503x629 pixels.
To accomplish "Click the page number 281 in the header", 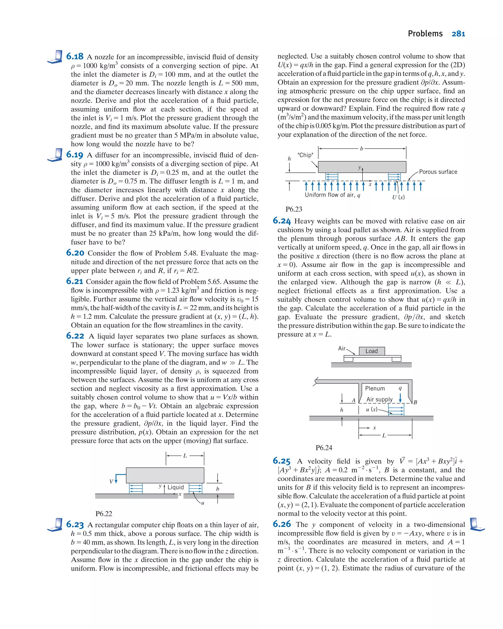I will tap(458, 34).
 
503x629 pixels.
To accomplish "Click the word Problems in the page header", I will tap(425, 34).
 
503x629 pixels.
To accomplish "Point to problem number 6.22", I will tap(75, 336).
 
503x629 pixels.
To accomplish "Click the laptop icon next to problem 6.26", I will tap(477, 524).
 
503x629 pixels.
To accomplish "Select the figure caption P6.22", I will tap(104, 514).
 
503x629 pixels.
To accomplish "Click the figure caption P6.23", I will tap(294, 209).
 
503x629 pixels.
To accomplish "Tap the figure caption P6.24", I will tap(324, 448).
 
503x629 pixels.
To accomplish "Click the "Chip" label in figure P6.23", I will tap(305, 155).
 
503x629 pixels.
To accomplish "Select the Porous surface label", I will tap(438, 172).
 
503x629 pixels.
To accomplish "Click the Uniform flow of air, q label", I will tap(333, 195).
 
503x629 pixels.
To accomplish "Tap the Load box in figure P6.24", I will tap(371, 351).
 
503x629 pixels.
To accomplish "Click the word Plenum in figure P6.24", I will tap(375, 388).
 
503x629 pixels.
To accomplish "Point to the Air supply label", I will tap(379, 399).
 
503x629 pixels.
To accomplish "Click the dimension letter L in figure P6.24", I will tap(384, 436).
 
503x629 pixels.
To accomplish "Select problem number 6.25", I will tap(281, 461).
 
